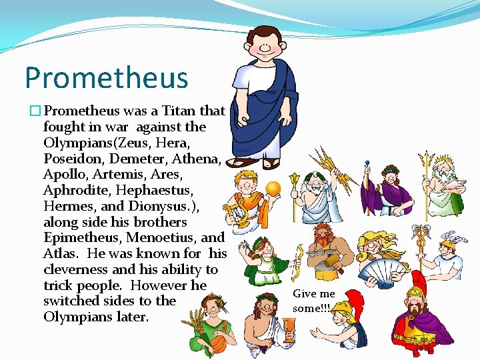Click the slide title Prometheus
click(x=107, y=77)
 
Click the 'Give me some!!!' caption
click(x=314, y=301)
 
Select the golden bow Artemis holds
click(x=296, y=256)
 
